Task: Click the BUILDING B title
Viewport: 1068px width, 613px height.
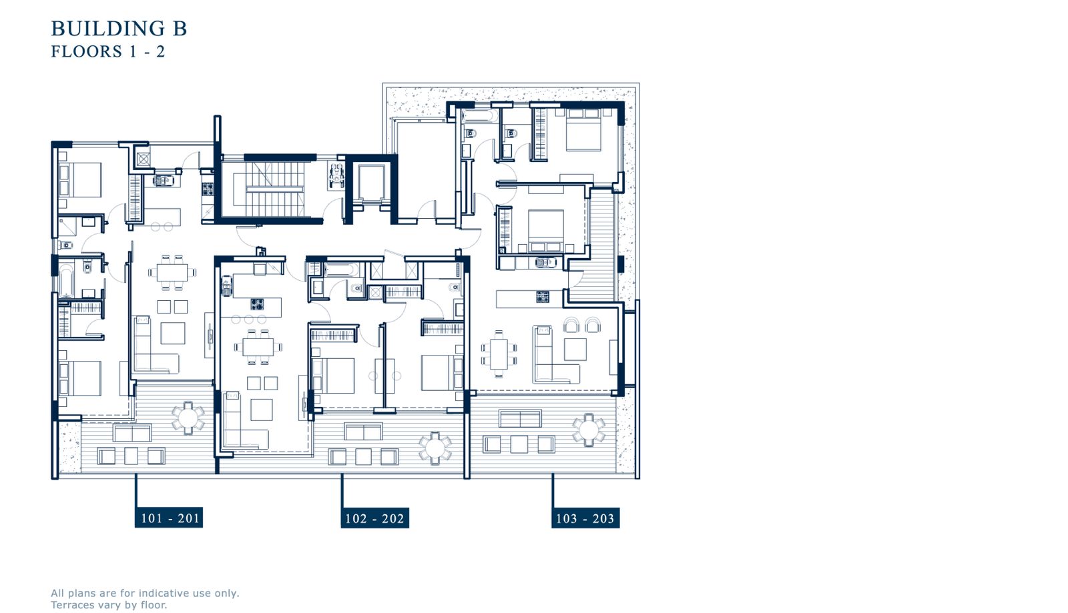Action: coord(119,29)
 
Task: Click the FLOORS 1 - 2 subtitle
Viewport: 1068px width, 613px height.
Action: coord(108,51)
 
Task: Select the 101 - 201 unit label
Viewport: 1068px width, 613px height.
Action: coord(170,518)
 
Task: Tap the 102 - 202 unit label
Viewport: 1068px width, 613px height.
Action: coord(374,518)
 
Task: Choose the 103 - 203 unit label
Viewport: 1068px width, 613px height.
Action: coord(585,518)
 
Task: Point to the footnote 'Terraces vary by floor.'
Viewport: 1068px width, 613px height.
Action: coord(109,605)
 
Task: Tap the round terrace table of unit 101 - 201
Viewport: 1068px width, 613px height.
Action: coord(188,418)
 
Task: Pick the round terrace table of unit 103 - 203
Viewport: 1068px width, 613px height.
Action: coord(589,430)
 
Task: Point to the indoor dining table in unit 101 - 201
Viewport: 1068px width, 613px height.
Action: coord(172,272)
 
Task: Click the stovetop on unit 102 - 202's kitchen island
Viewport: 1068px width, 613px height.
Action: coord(257,304)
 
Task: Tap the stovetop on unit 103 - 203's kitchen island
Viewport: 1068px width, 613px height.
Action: coord(543,297)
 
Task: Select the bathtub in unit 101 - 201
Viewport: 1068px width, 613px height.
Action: coord(66,281)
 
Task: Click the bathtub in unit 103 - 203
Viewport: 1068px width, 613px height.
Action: coord(480,116)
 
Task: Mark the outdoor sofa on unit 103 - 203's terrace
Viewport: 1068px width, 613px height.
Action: coord(520,419)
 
